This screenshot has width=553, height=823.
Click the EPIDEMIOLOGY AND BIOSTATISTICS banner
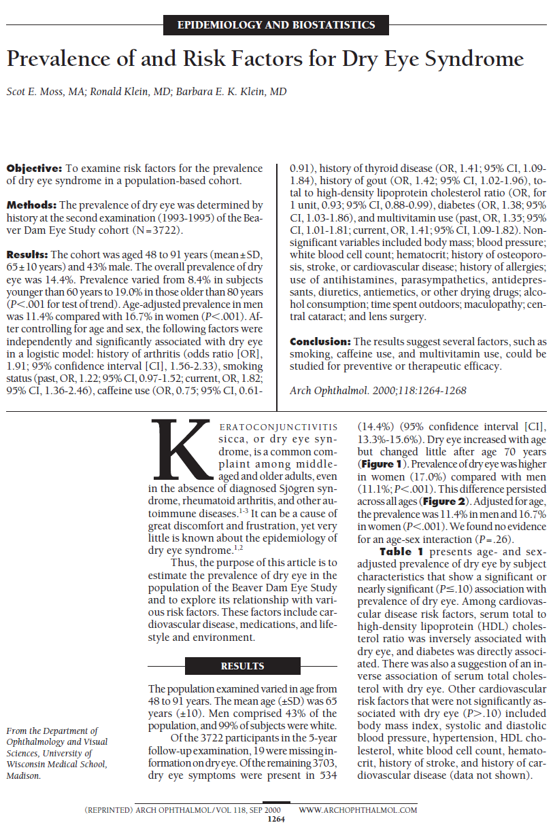pos(275,25)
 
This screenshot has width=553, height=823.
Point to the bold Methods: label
pos(31,205)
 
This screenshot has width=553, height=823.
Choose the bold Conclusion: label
pos(320,341)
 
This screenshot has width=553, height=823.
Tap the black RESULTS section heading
pos(242,666)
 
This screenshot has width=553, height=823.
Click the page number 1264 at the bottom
pos(276,818)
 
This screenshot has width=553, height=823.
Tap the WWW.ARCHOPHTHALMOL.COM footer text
pos(358,810)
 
